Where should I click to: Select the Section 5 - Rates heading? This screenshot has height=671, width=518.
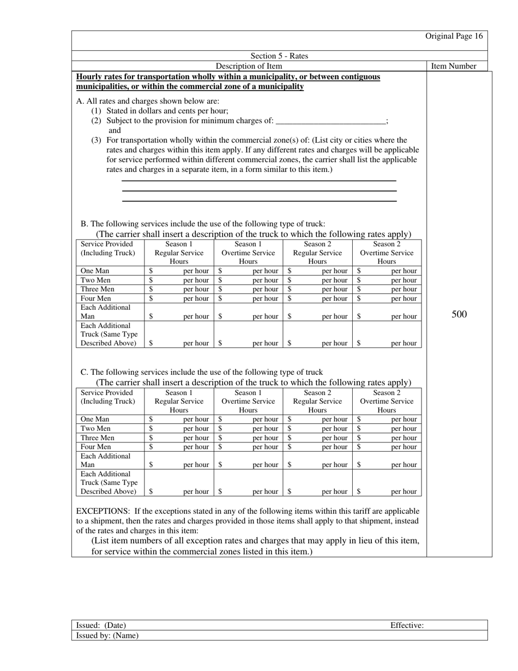279,56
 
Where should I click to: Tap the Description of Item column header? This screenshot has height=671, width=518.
249,66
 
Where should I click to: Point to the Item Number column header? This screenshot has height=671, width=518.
454,66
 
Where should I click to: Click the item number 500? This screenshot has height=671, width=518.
459,314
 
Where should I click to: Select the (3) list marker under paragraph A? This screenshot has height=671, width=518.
97,140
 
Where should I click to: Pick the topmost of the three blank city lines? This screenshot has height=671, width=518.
259,181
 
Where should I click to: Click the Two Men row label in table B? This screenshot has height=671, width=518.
95,280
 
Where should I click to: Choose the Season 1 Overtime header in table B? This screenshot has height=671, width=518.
248,253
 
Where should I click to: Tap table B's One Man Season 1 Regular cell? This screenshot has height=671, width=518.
179,271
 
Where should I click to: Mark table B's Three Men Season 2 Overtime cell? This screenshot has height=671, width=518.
387,289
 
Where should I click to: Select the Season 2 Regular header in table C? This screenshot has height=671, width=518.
317,401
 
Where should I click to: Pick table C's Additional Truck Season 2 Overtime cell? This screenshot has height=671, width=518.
387,492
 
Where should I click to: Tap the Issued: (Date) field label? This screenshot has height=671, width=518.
101,625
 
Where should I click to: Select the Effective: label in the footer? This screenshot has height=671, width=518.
407,625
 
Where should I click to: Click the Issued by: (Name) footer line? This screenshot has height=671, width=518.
107,636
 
